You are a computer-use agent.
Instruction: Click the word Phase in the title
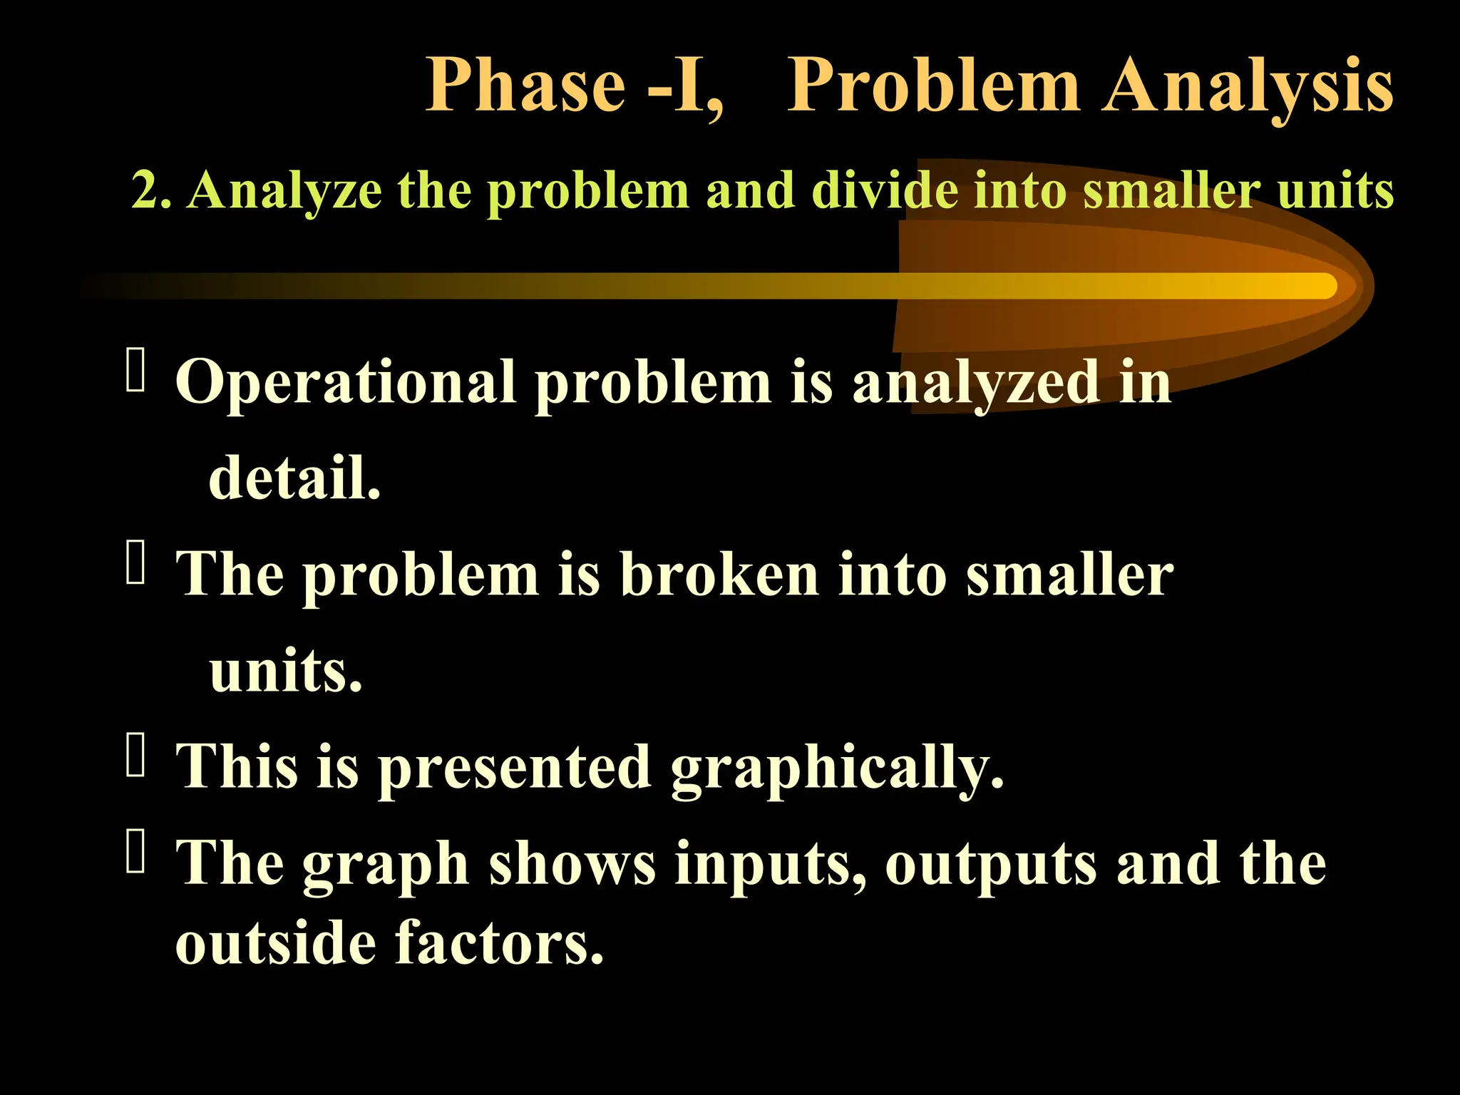tap(525, 86)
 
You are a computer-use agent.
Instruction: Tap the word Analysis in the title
tap(1247, 86)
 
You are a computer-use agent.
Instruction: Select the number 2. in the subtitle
tap(151, 191)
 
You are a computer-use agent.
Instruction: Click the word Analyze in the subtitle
tap(284, 191)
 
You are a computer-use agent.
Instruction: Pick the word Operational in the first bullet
tap(346, 383)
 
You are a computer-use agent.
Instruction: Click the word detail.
tap(294, 478)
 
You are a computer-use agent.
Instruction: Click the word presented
tap(514, 768)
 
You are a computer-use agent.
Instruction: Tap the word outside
tap(275, 942)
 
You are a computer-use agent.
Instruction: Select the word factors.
tap(499, 942)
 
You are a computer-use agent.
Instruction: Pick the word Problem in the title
tap(933, 86)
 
